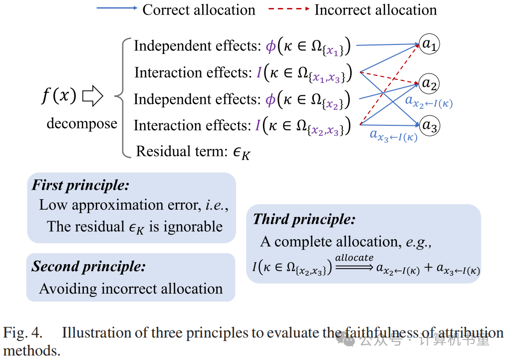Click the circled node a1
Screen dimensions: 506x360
tap(429, 44)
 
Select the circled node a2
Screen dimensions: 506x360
tap(429, 83)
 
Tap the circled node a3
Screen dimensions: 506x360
tap(429, 125)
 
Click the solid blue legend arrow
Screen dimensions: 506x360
tap(117, 8)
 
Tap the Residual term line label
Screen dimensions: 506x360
tap(193, 151)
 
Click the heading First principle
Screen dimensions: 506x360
tap(80, 185)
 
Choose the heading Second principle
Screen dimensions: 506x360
tap(88, 266)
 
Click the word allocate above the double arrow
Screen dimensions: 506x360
tap(354, 257)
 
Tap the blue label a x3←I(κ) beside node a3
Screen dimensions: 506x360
tap(393, 134)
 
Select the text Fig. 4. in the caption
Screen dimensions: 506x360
tap(23, 332)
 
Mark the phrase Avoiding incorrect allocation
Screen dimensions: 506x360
tap(131, 289)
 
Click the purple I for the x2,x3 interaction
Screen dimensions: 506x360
tap(258, 125)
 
